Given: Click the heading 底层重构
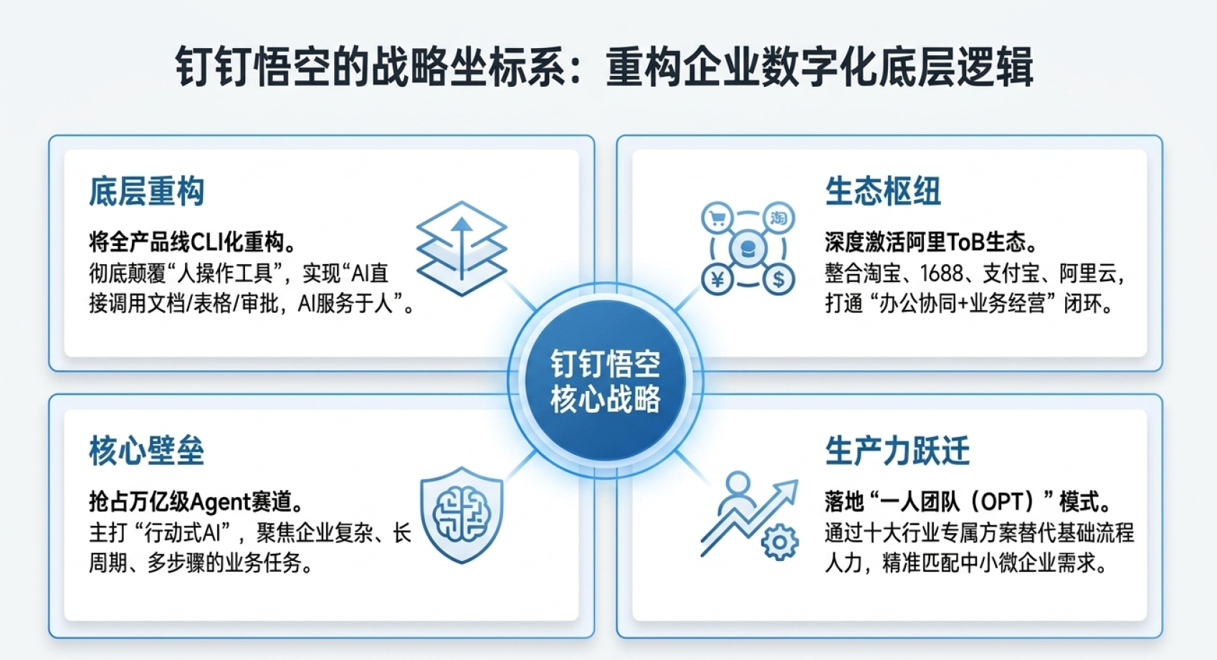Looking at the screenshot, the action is pos(147,192).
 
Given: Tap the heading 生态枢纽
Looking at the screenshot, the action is pos(883,192).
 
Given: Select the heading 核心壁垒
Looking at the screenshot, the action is pos(147,451).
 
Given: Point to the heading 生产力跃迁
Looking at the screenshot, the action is pos(897,451).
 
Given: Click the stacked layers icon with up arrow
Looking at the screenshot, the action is pos(462,248).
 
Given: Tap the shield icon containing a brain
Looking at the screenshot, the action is pos(462,515).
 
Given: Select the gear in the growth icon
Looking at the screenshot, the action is pos(780,542).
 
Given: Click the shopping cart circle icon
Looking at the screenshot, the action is pos(717,219).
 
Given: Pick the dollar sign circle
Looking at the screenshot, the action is pos(778,279).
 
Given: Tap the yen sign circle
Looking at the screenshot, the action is pos(717,279).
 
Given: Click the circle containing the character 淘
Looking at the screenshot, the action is pos(778,219).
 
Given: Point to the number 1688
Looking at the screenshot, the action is pos(942,273).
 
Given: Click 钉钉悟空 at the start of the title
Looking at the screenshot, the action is pos(252,67).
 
